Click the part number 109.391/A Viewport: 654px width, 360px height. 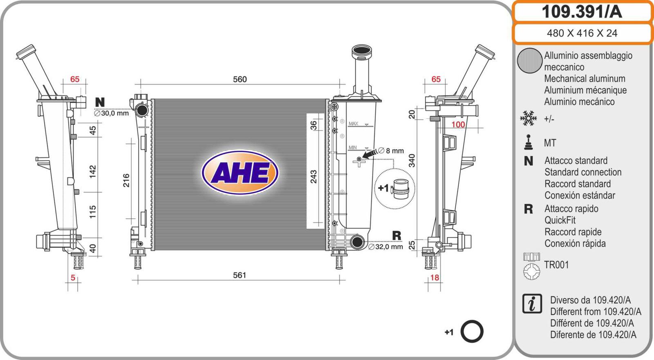click(582, 12)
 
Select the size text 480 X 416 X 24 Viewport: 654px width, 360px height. click(582, 33)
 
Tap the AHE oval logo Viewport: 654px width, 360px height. click(240, 172)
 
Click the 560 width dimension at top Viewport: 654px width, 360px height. click(240, 79)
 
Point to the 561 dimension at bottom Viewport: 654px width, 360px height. click(240, 275)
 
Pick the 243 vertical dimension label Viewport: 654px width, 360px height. click(313, 177)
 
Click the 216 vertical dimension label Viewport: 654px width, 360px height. click(126, 181)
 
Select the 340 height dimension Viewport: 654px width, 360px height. click(411, 161)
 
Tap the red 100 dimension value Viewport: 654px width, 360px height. click(458, 125)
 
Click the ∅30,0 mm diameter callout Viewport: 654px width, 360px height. click(111, 113)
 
